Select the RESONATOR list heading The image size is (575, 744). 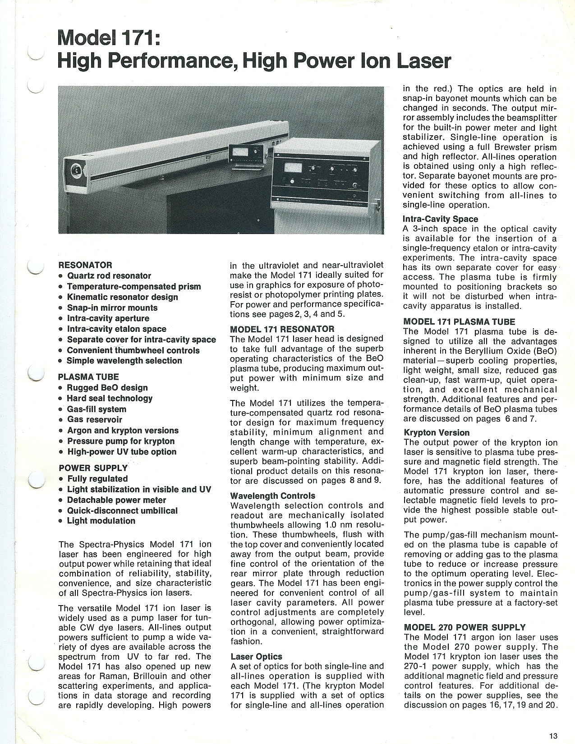pyautogui.click(x=85, y=265)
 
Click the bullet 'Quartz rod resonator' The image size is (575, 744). pyautogui.click(x=109, y=276)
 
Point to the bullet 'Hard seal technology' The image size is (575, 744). pyautogui.click(x=110, y=399)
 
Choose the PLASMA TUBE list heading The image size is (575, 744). pyautogui.click(x=89, y=377)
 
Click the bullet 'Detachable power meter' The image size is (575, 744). pyautogui.click(x=116, y=500)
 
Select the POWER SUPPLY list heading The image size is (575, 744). pyautogui.click(x=93, y=468)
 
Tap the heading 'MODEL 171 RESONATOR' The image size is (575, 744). pyautogui.click(x=282, y=329)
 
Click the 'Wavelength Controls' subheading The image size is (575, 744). pyautogui.click(x=273, y=496)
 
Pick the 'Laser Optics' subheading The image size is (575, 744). pyautogui.click(x=256, y=657)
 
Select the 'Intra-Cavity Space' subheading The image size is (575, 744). pyautogui.click(x=440, y=219)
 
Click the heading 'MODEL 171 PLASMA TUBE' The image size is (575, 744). pyautogui.click(x=459, y=322)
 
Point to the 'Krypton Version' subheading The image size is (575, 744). pyautogui.click(x=437, y=433)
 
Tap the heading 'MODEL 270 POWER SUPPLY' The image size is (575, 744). pyautogui.click(x=465, y=627)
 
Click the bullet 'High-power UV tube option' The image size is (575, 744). pyautogui.click(x=122, y=452)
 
